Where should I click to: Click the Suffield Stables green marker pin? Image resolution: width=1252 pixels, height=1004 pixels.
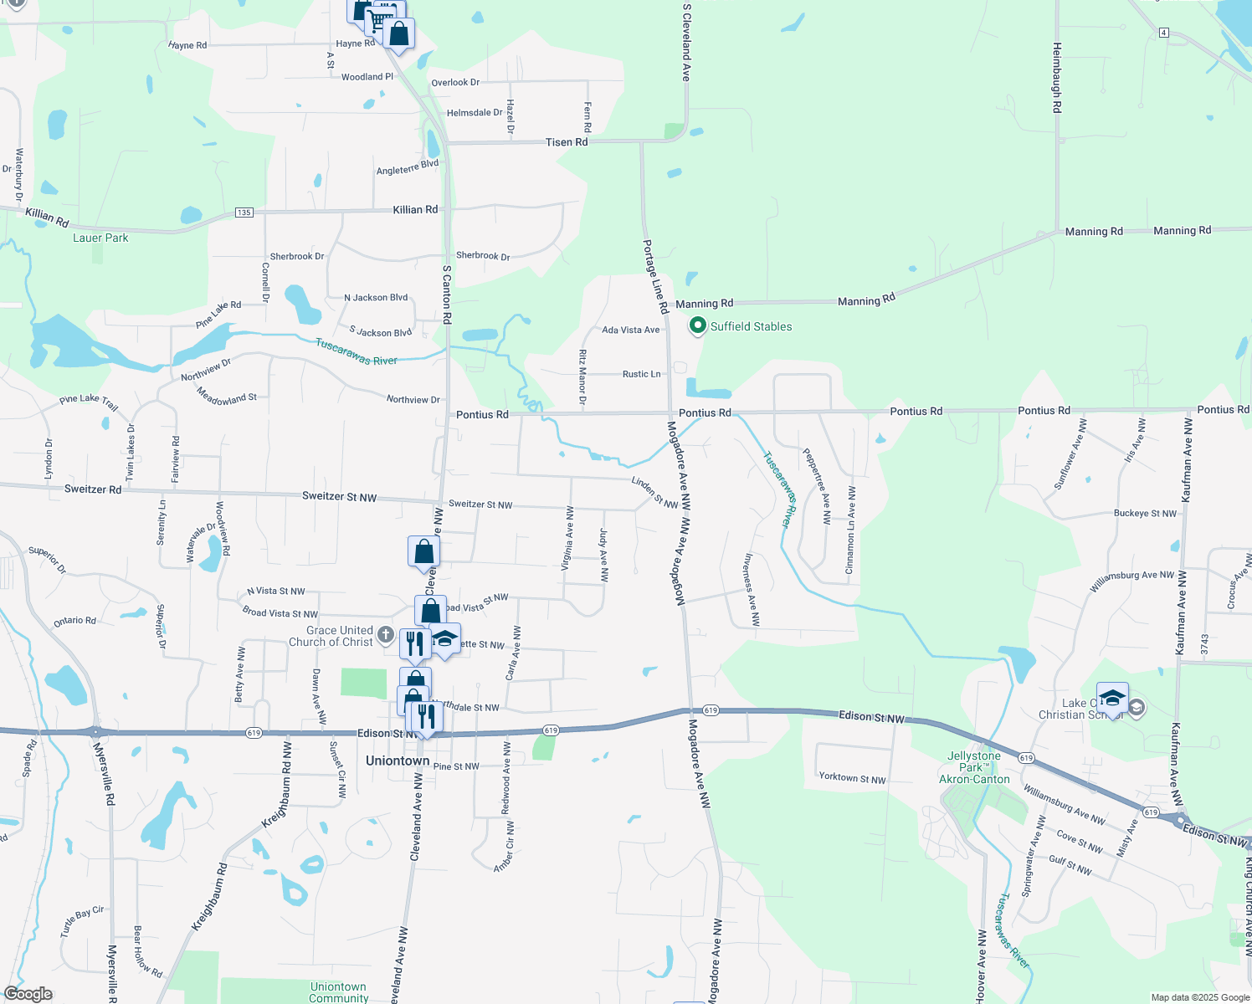pyautogui.click(x=697, y=326)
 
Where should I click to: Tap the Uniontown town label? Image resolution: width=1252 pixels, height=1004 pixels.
pyautogui.click(x=398, y=761)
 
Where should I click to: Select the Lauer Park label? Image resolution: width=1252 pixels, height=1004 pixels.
pyautogui.click(x=100, y=238)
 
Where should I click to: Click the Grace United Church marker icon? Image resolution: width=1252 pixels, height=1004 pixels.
pyautogui.click(x=386, y=635)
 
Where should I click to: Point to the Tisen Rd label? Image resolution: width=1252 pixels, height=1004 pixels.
pyautogui.click(x=567, y=142)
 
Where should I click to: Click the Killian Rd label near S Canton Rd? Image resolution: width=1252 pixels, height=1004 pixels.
pyautogui.click(x=415, y=209)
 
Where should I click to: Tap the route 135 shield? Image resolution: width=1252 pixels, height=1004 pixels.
pyautogui.click(x=244, y=213)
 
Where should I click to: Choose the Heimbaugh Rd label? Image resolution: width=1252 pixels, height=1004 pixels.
pyautogui.click(x=1057, y=78)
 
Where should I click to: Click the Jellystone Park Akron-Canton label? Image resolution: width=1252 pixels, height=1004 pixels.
pyautogui.click(x=974, y=767)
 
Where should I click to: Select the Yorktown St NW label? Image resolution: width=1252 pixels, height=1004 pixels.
pyautogui.click(x=852, y=778)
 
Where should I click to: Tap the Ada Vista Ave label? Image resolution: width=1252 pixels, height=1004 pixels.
pyautogui.click(x=631, y=330)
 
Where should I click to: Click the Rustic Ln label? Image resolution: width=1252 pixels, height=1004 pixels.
pyautogui.click(x=641, y=374)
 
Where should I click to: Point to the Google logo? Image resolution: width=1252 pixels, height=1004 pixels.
pyautogui.click(x=28, y=994)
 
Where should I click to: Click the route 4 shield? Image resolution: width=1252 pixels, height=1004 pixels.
pyautogui.click(x=1164, y=33)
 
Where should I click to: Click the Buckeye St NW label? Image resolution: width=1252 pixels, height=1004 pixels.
pyautogui.click(x=1145, y=513)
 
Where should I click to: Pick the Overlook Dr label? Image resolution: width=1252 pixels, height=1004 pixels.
pyautogui.click(x=455, y=83)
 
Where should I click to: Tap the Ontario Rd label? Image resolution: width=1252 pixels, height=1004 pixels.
pyautogui.click(x=74, y=621)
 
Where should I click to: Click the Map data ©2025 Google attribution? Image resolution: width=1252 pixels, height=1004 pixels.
pyautogui.click(x=1200, y=997)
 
